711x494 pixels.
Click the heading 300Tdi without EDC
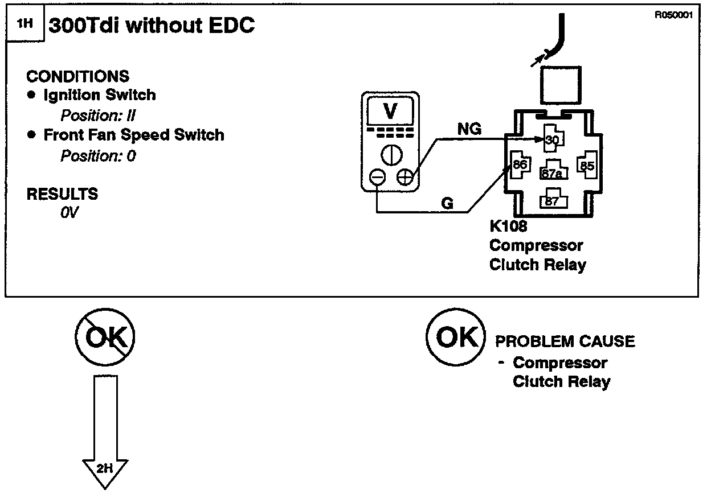(x=152, y=26)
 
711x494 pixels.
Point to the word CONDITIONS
(x=78, y=76)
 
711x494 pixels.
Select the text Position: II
(x=97, y=116)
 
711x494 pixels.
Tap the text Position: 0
(x=98, y=155)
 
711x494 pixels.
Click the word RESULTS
(x=62, y=194)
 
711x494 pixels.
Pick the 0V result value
(x=70, y=213)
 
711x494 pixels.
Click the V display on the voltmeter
(x=390, y=111)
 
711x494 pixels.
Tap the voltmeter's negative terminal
(x=377, y=178)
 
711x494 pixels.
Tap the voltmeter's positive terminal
(x=404, y=178)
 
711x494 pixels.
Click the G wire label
(x=448, y=203)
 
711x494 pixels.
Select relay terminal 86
(x=520, y=165)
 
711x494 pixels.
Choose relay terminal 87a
(x=551, y=172)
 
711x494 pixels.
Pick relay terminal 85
(x=586, y=165)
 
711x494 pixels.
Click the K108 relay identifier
(x=508, y=227)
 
